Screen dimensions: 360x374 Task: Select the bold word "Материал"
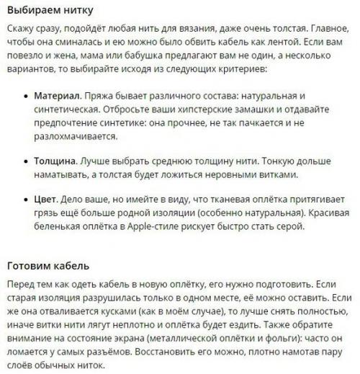(57, 96)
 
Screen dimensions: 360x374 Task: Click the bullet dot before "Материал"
(24, 97)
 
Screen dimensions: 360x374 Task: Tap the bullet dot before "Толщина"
(24, 162)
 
